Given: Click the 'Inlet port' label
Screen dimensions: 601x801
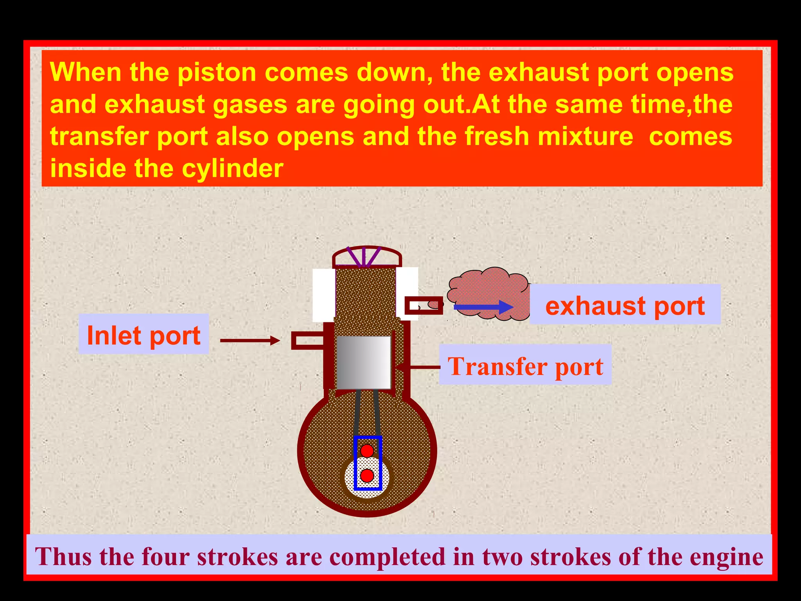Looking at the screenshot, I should pos(144,335).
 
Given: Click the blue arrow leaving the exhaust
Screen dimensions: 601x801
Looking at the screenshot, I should pos(483,307).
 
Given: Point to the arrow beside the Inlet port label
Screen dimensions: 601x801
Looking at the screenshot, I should pos(250,340).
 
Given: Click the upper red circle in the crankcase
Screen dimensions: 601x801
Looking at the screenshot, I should pos(367,450).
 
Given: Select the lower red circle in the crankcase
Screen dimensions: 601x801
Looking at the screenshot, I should pos(367,476).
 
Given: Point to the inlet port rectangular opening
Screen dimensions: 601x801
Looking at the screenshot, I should pos(308,340).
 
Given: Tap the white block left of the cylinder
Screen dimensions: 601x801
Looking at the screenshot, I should pos(323,294).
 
